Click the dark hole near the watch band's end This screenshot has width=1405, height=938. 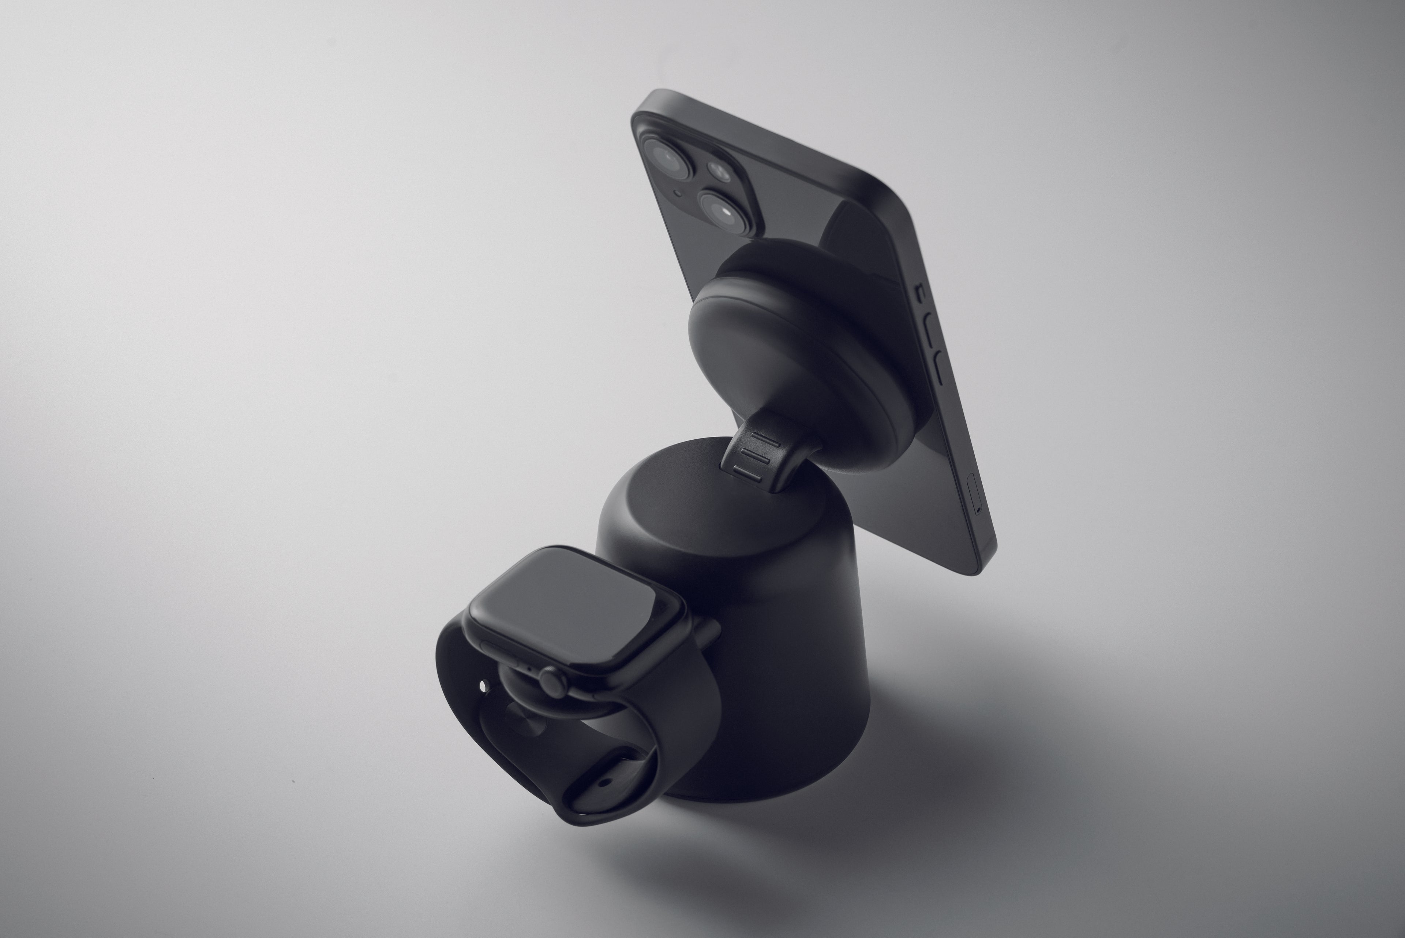coord(604,782)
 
